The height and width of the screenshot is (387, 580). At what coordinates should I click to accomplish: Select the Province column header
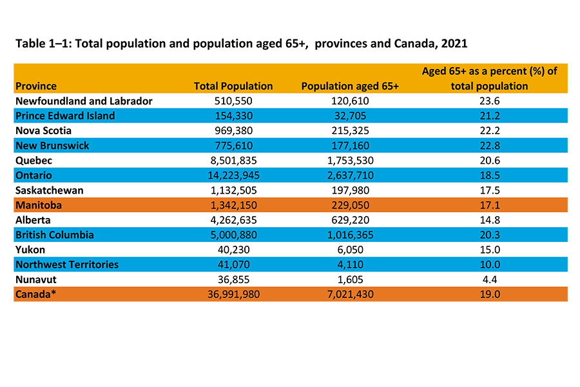coord(36,86)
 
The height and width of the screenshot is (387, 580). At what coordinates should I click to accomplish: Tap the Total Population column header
coord(233,86)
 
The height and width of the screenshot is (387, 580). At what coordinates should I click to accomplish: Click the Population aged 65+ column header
coord(350,86)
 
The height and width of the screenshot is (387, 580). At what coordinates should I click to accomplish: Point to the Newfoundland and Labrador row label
coord(84,101)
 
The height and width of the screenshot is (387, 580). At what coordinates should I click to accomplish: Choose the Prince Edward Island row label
coord(65,116)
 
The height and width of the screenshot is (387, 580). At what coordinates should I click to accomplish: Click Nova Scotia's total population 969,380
coord(233,131)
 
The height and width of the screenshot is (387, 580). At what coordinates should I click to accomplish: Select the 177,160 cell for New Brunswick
coord(350,146)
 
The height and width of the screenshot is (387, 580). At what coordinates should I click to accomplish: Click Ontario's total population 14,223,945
coord(233,175)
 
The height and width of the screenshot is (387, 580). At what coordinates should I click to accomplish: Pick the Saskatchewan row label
coord(50,190)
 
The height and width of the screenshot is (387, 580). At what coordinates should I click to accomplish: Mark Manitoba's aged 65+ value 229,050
coord(350,205)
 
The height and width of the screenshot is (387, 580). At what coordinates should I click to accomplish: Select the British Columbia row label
coord(55,235)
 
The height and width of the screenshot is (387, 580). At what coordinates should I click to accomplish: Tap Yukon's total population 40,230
coord(233,250)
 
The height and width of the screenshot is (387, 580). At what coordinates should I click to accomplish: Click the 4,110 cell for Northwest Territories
coord(350,264)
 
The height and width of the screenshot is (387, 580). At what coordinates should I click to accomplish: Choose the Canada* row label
coord(34,294)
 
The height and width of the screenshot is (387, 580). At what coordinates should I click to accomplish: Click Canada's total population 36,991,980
coord(233,294)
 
